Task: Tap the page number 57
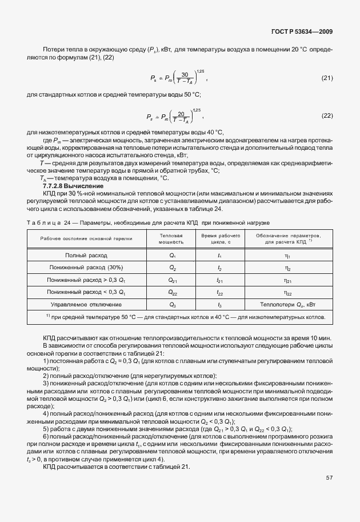(x=329, y=492)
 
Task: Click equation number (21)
(x=327, y=78)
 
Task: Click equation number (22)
(x=327, y=115)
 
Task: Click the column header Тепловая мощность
(x=171, y=238)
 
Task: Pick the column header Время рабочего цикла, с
(x=220, y=238)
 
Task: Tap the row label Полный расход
(x=86, y=256)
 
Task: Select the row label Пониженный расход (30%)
(x=86, y=268)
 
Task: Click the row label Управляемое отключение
(x=86, y=304)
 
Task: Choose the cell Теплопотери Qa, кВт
(x=287, y=304)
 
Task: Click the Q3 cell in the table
(x=172, y=304)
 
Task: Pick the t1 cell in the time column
(x=220, y=256)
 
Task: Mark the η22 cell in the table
(x=287, y=292)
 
